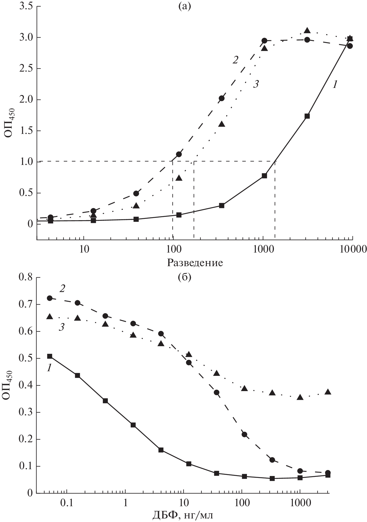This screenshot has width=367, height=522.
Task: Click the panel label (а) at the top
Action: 184,6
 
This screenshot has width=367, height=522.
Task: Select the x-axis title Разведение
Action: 195,263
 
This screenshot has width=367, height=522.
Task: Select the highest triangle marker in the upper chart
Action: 307,30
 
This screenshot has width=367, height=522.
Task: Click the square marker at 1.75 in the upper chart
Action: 307,116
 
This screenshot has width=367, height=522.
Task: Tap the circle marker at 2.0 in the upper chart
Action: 222,98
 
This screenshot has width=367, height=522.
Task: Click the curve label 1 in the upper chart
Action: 335,85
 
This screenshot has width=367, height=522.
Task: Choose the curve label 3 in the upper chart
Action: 255,84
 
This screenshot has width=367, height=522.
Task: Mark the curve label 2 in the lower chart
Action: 62,288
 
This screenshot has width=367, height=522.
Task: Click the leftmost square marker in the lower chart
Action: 50,356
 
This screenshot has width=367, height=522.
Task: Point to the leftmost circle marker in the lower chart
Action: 50,298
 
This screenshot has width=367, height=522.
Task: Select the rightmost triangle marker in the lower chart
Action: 328,392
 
